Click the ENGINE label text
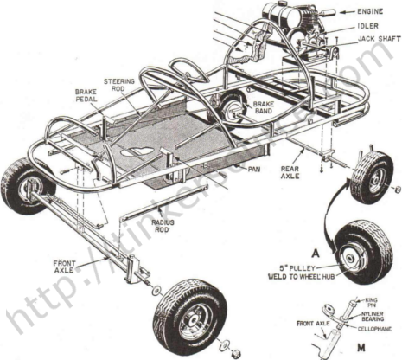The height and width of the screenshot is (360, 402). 373,12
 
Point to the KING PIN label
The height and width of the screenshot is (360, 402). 369,301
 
